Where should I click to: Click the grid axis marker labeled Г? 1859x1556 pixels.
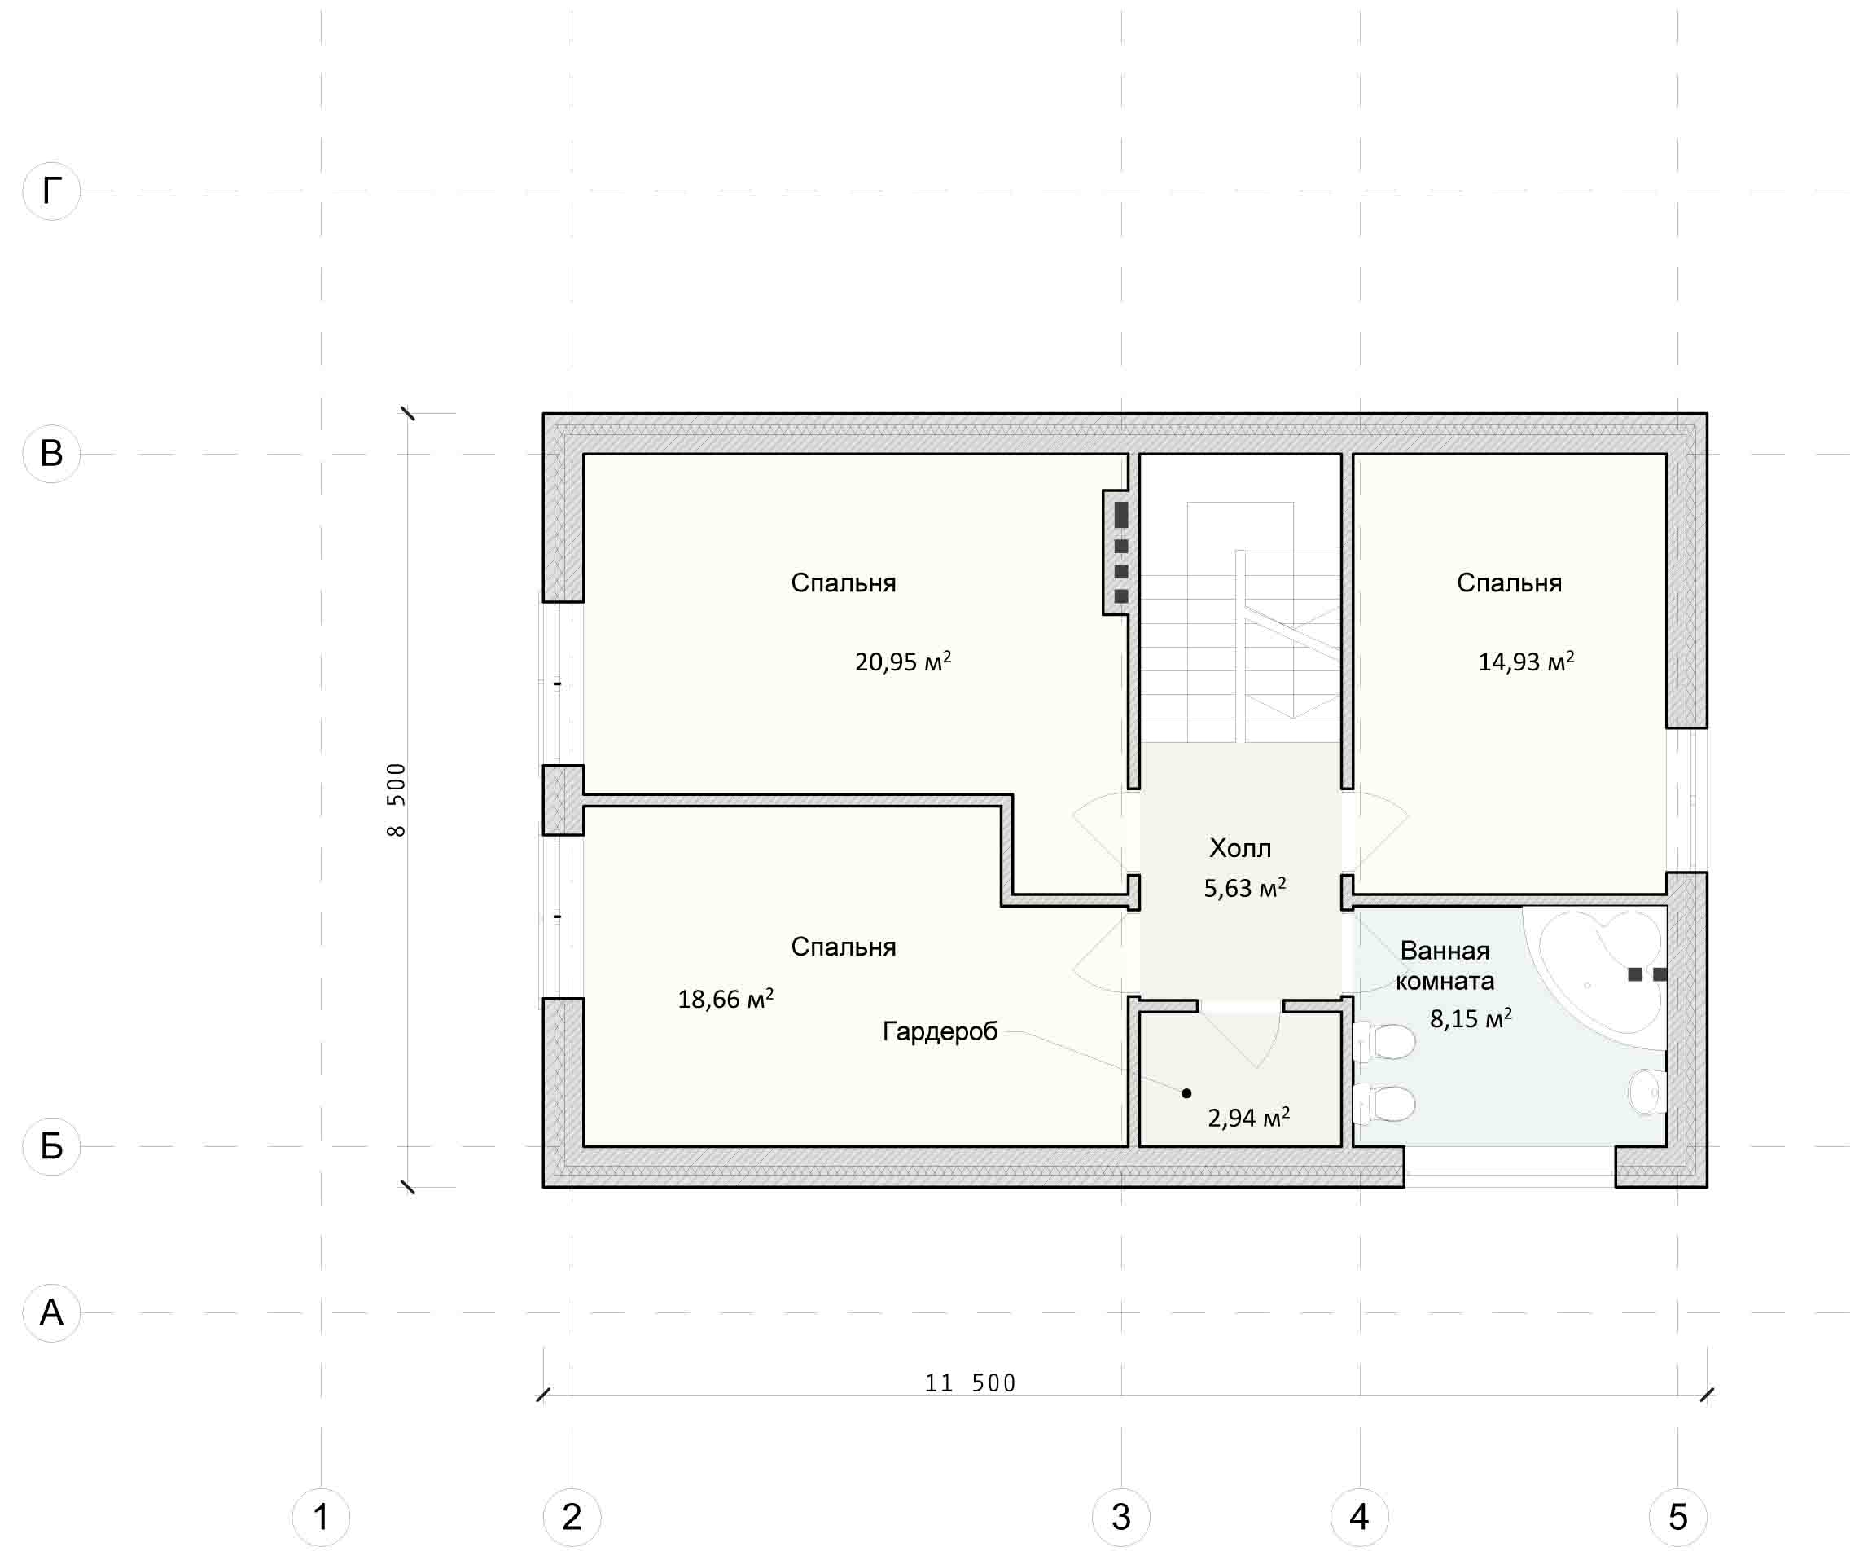pyautogui.click(x=51, y=191)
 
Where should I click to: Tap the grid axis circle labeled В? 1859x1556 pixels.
pyautogui.click(x=51, y=454)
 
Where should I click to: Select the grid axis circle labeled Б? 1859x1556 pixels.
pyautogui.click(x=51, y=1146)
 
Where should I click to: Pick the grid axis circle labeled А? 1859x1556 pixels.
pyautogui.click(x=51, y=1312)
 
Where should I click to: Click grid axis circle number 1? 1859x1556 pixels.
pyautogui.click(x=321, y=1517)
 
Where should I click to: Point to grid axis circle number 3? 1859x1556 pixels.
pyautogui.click(x=1120, y=1517)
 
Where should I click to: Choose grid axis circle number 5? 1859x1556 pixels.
pyautogui.click(x=1677, y=1517)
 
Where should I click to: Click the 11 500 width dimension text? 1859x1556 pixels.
pyautogui.click(x=971, y=1383)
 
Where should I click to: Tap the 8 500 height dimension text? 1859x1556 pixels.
pyautogui.click(x=396, y=800)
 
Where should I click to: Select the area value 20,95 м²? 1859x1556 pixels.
pyautogui.click(x=903, y=661)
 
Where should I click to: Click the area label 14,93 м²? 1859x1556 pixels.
pyautogui.click(x=1526, y=661)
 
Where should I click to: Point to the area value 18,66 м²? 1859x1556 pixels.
pyautogui.click(x=726, y=998)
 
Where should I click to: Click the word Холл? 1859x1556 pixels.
pyautogui.click(x=1240, y=848)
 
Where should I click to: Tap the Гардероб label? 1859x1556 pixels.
pyautogui.click(x=940, y=1031)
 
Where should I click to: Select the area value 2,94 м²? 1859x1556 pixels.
pyautogui.click(x=1248, y=1117)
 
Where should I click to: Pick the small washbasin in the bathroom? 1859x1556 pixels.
pyautogui.click(x=1648, y=1092)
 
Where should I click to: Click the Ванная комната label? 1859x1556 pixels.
pyautogui.click(x=1445, y=965)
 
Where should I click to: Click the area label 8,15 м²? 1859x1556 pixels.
pyautogui.click(x=1471, y=1018)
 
